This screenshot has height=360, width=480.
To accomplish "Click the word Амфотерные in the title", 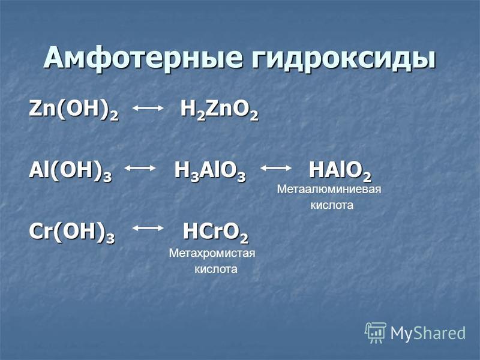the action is click(x=144, y=58).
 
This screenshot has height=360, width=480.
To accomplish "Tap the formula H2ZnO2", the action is click(x=220, y=110).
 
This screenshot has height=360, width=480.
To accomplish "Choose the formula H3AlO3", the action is click(x=210, y=171).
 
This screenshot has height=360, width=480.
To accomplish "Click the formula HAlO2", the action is click(x=340, y=171).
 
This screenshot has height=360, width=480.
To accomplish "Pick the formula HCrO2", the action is click(x=215, y=232).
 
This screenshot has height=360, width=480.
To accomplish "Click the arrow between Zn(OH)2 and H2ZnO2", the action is click(x=148, y=108).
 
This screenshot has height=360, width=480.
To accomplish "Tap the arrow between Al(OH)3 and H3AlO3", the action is click(x=140, y=168).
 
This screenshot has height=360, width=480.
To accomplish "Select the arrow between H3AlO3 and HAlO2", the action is click(x=276, y=168).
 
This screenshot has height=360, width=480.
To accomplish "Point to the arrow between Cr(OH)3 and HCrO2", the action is click(x=148, y=228).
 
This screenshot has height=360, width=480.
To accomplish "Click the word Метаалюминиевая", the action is click(x=329, y=189).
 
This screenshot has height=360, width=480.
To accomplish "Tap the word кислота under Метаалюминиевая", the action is click(x=332, y=205).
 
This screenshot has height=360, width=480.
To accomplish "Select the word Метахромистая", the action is click(x=212, y=253).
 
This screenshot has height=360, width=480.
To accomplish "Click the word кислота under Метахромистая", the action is click(x=216, y=269).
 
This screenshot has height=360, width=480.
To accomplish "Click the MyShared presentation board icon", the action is click(x=376, y=332).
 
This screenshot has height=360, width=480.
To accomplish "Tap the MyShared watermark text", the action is click(x=428, y=333).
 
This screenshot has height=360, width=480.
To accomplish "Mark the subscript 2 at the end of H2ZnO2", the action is click(x=254, y=117).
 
